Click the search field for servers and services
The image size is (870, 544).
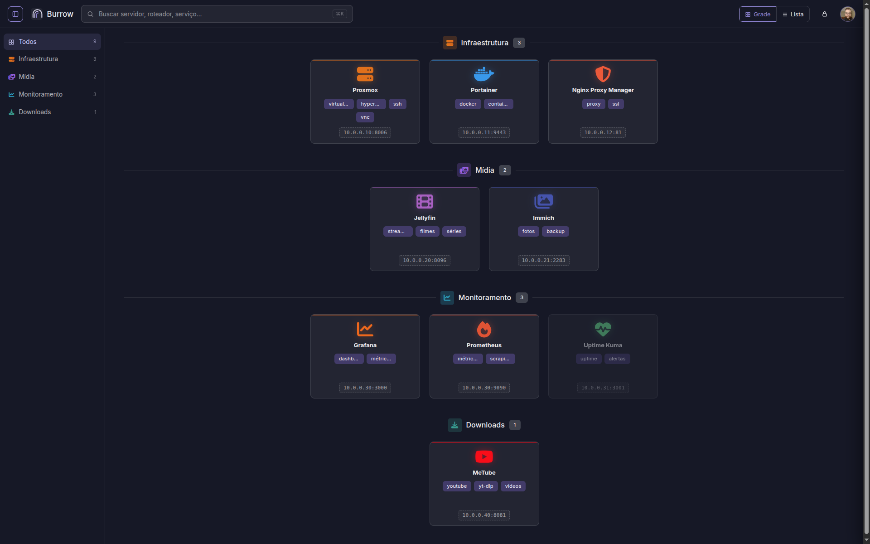[217, 14]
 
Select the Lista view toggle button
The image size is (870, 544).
[793, 14]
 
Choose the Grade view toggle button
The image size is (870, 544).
[758, 14]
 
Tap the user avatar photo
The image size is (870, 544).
[847, 14]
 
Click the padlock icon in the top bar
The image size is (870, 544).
[825, 14]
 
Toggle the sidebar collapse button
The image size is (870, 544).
[15, 14]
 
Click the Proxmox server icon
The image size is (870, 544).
[365, 74]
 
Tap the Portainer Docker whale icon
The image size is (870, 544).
[484, 74]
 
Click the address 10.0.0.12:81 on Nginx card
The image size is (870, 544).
[603, 133]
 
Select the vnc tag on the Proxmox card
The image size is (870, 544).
[365, 117]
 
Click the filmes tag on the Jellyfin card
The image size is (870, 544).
[427, 232]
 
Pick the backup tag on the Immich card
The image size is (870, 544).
[556, 232]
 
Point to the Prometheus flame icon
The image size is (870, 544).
[484, 329]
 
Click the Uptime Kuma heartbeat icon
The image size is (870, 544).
[603, 329]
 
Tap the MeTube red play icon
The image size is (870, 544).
[484, 457]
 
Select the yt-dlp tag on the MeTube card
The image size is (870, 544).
[486, 486]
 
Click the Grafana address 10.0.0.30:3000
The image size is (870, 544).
[365, 388]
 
